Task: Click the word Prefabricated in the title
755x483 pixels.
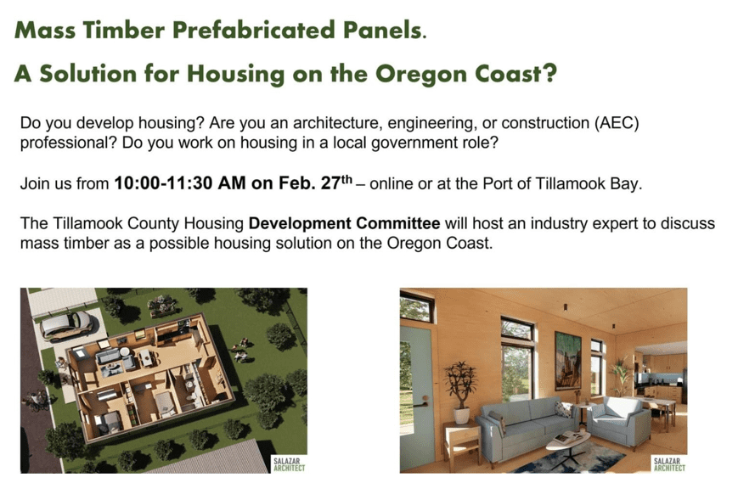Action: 254,30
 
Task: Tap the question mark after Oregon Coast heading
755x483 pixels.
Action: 549,73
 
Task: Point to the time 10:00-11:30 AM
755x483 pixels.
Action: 179,183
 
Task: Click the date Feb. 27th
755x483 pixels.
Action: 315,183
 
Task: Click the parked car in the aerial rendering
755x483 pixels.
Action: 66,325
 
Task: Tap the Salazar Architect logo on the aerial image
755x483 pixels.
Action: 289,463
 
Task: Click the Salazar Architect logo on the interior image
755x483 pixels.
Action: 669,463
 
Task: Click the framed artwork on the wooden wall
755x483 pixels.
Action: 567,360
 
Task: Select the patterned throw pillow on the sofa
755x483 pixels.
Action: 562,409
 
